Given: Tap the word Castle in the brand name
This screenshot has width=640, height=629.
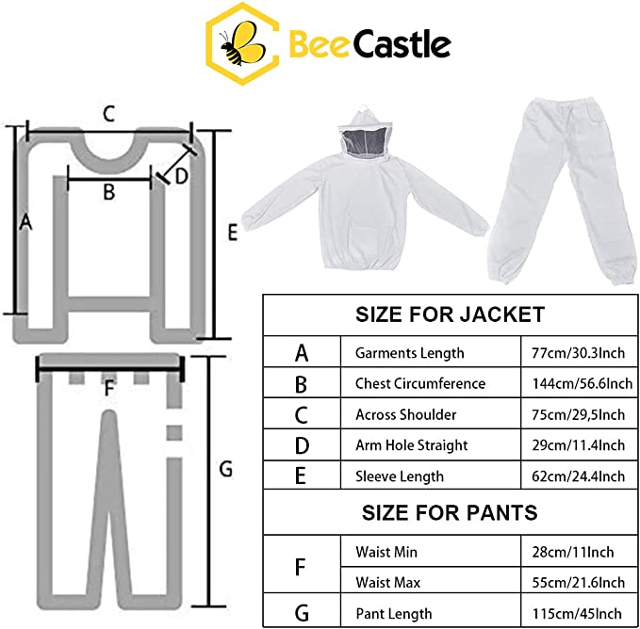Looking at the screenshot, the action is [x=402, y=44].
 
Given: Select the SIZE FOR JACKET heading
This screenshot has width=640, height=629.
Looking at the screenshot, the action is [x=450, y=314].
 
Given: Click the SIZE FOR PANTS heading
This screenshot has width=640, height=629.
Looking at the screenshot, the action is [x=450, y=512].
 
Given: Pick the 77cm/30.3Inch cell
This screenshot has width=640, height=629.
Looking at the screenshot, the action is [x=578, y=352].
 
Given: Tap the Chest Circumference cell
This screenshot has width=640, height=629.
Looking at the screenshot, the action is [x=420, y=383].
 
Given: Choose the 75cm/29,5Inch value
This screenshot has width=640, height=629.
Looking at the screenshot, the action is [x=578, y=414].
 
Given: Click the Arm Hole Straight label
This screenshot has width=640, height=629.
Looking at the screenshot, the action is [x=411, y=445].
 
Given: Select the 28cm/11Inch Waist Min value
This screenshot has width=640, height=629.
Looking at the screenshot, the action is [x=573, y=552].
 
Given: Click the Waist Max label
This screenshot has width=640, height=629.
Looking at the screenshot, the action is [x=387, y=583].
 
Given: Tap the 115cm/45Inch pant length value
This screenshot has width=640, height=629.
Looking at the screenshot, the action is [x=577, y=614].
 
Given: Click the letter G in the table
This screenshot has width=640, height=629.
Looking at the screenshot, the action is [x=302, y=613].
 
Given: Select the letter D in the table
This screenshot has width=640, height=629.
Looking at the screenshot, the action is [x=302, y=445].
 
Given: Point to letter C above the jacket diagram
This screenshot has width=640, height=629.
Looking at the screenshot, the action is [x=108, y=114].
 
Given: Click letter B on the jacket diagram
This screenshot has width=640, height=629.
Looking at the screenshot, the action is [x=109, y=191].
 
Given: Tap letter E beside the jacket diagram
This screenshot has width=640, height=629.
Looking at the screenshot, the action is [x=232, y=233].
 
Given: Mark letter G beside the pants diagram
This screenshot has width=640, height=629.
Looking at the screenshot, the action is [x=225, y=469].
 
